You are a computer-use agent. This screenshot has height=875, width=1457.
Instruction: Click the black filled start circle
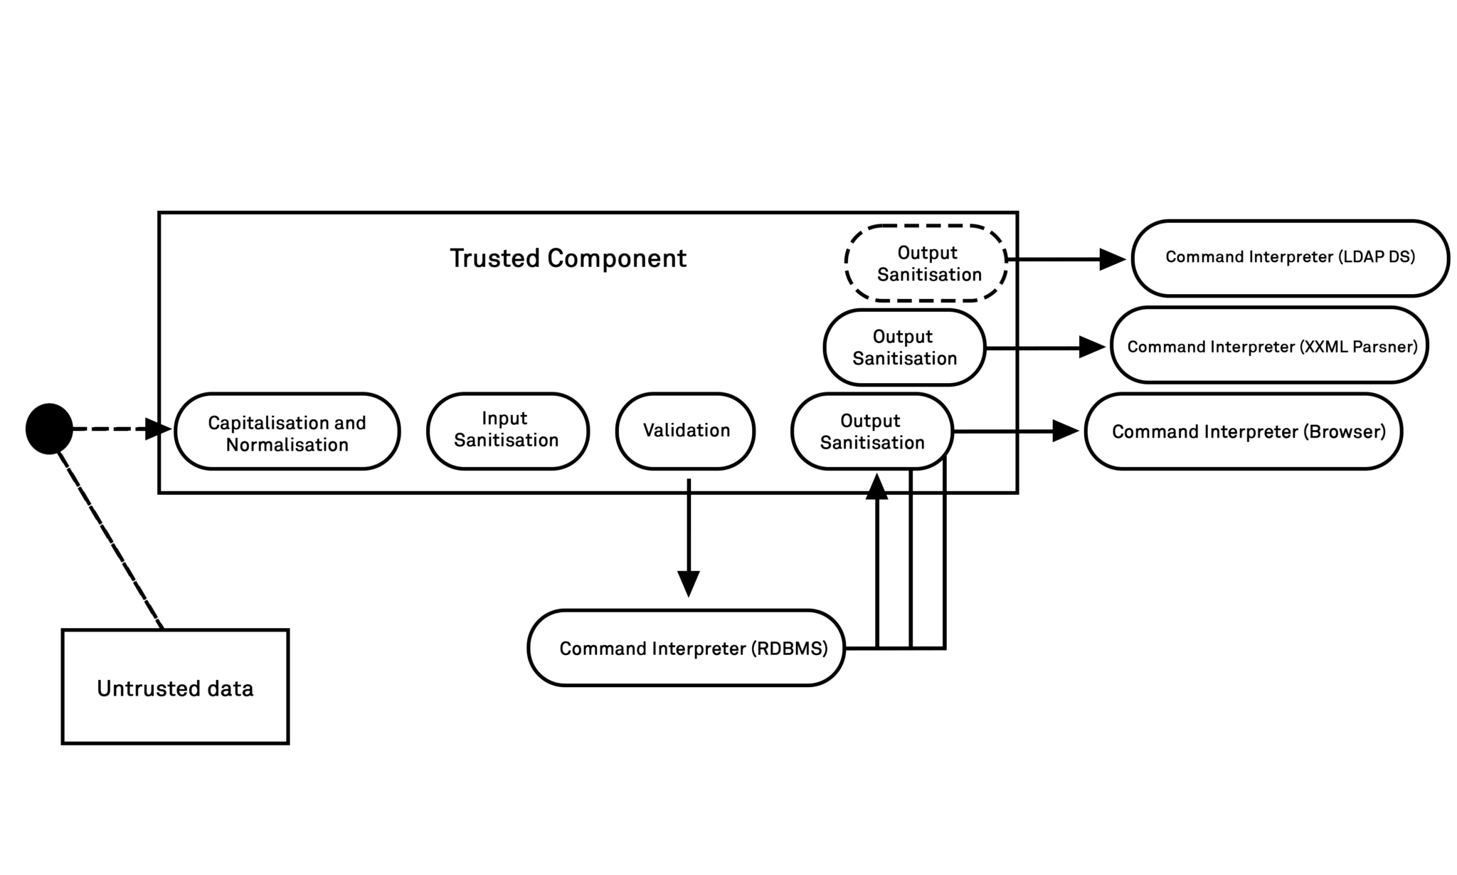point(49,429)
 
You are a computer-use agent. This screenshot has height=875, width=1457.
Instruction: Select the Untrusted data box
point(175,687)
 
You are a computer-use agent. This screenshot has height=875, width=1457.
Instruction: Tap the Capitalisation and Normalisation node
point(287,431)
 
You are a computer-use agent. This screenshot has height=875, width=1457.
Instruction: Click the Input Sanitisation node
point(507,431)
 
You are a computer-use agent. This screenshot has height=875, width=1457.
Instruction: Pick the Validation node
point(685,431)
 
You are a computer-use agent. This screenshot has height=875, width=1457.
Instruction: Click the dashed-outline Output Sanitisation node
point(926,263)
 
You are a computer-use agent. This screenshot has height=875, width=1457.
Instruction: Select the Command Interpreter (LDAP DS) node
point(1290,258)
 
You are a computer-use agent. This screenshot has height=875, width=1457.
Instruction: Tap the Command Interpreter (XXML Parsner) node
point(1269,345)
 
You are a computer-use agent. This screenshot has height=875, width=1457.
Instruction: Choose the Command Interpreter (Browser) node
point(1243,431)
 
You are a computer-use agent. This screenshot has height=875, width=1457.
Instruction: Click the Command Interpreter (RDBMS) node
point(687,648)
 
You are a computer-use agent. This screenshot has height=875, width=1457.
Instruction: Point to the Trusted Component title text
point(568,258)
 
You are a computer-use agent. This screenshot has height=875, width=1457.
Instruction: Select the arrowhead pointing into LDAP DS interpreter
point(1112,259)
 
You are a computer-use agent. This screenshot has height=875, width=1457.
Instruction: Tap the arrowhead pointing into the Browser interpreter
point(1065,431)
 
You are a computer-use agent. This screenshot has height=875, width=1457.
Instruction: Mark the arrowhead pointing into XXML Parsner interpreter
point(1091,347)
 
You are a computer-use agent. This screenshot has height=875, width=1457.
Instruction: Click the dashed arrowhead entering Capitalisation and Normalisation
point(157,429)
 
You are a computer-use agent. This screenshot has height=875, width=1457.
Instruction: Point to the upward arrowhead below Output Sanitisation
point(877,487)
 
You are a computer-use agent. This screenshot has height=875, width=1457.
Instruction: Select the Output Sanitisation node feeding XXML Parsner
point(904,347)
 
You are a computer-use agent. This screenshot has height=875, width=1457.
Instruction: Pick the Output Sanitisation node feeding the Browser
point(871,431)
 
